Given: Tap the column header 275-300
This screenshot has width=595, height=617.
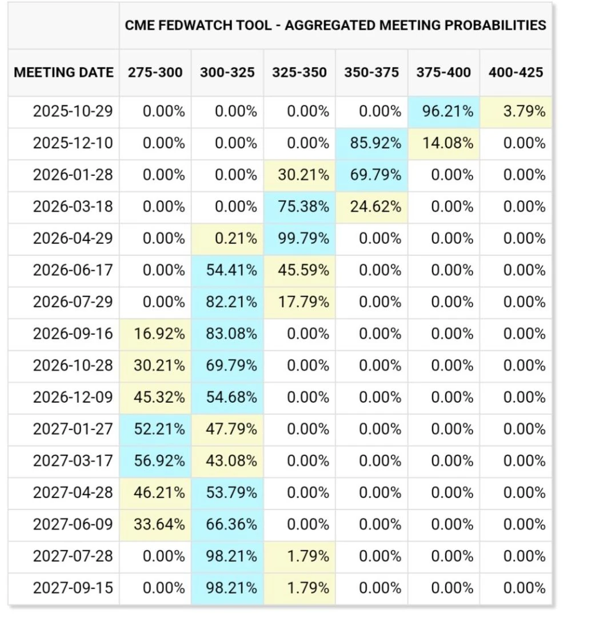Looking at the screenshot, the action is [155, 73].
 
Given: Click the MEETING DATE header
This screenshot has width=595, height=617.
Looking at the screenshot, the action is [64, 73].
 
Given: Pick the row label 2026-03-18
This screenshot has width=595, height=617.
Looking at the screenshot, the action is [73, 207].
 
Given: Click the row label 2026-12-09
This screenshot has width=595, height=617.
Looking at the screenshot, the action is [73, 397].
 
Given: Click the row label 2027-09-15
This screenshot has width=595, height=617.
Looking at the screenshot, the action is [73, 588].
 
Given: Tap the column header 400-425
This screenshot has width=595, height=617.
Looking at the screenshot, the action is [516, 73].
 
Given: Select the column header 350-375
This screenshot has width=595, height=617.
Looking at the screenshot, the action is [372, 73].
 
